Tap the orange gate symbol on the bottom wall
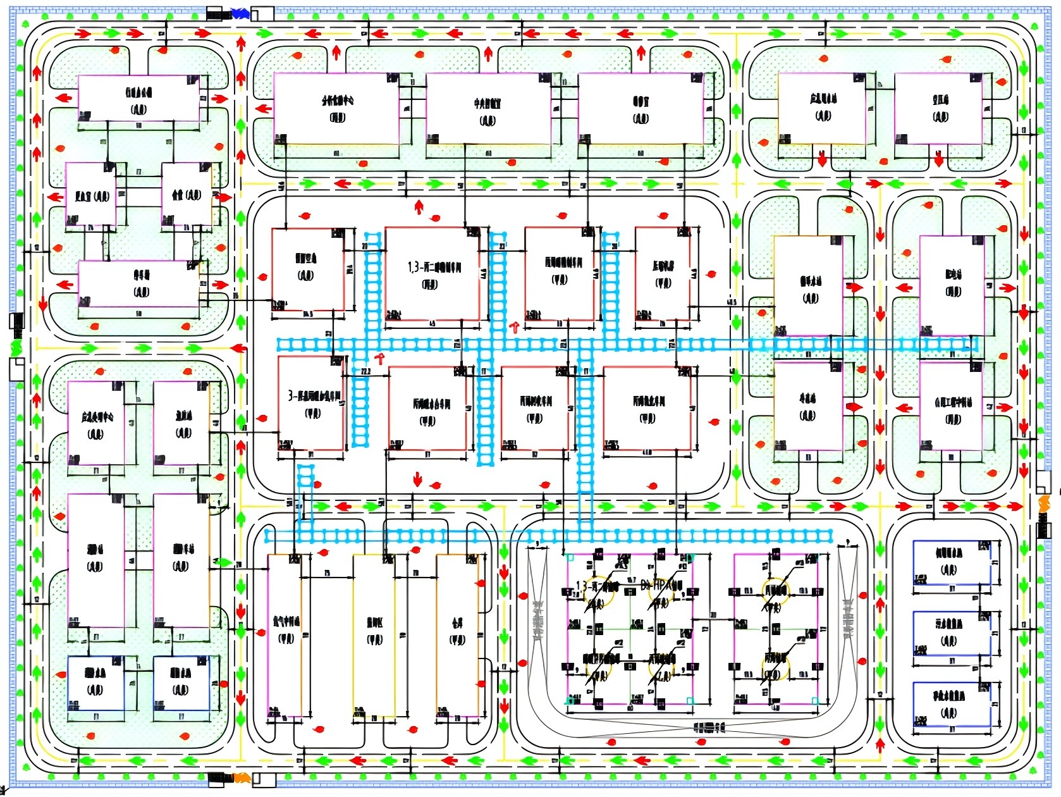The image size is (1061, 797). point(241,778)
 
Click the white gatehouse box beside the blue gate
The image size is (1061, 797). point(263,13)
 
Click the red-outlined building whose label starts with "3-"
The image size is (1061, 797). point(312,404)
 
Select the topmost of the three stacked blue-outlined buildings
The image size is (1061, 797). point(951,562)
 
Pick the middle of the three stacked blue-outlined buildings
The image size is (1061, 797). point(951,633)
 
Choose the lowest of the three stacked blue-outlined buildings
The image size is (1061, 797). point(951,704)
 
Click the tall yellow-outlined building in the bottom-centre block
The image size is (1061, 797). point(374,636)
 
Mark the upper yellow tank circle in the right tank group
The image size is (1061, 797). point(775,590)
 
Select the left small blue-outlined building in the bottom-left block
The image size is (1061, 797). point(95,683)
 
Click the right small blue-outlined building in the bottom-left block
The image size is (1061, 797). point(181,683)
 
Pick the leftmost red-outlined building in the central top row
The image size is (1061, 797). point(308,269)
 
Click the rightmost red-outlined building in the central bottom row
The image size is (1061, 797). point(647,408)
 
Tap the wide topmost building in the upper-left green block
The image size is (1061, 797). point(138,98)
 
